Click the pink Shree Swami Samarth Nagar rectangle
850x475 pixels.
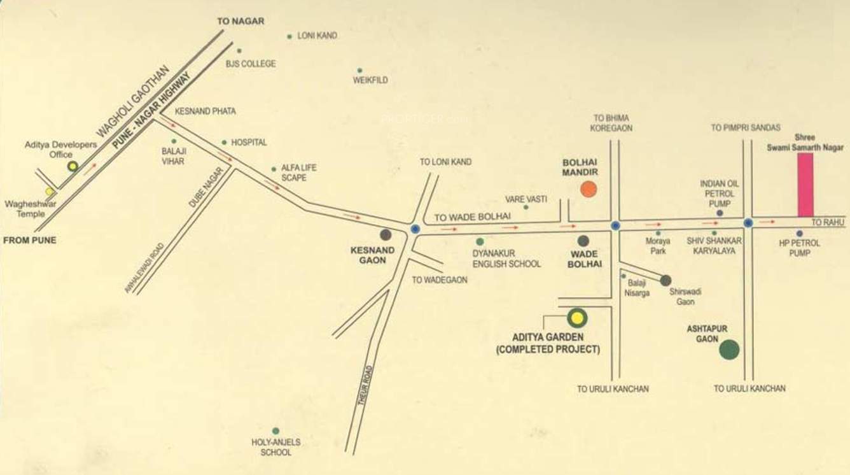805,185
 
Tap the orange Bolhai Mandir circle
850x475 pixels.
589,189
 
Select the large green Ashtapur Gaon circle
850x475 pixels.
729,350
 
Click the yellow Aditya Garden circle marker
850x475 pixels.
576,318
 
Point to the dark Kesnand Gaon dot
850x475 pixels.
386,234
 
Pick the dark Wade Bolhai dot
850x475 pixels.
583,241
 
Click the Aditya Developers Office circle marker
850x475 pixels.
73,166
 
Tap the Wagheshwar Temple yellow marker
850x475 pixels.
50,191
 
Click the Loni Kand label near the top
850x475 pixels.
317,36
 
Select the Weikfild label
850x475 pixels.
370,80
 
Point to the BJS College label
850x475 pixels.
251,64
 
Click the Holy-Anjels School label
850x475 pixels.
275,447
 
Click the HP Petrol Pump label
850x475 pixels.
800,248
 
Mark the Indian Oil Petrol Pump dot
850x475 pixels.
720,213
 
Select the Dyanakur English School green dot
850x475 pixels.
480,242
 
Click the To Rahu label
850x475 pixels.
828,222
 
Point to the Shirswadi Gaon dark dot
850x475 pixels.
665,280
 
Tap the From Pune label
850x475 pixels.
30,240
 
